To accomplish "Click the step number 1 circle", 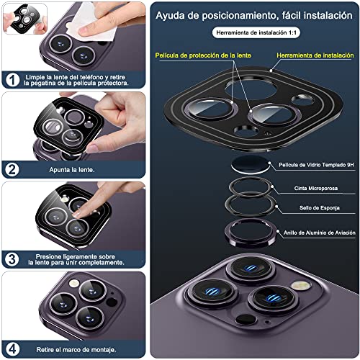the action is [x=12, y=80].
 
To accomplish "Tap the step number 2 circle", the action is [x=12, y=170].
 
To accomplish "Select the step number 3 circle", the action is [x=12, y=259].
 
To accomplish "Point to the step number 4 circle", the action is [x=12, y=349].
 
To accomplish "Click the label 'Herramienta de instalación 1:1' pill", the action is [x=256, y=32].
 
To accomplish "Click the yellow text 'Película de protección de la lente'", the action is [x=203, y=55].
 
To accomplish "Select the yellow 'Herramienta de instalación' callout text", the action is [x=315, y=55].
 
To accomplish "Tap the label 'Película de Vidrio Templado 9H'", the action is [x=316, y=165].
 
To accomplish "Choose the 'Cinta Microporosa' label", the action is [x=316, y=188].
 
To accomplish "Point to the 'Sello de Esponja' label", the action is [x=320, y=208].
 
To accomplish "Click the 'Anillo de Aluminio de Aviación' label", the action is [x=320, y=233].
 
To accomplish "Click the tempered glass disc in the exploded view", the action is [x=251, y=164].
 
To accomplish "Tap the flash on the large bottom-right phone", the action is [x=300, y=285].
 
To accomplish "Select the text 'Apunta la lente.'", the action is [x=72, y=170].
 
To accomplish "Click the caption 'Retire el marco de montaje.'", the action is [x=76, y=350].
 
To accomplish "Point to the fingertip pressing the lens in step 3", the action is [x=77, y=214].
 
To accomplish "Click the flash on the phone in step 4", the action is [x=74, y=283].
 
